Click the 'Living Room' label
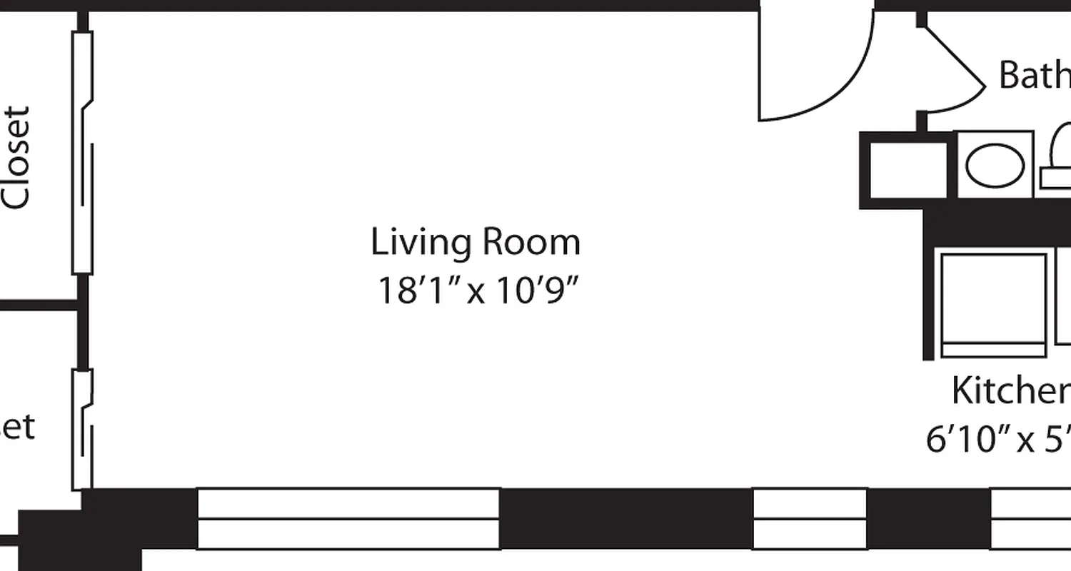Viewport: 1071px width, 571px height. point(476,243)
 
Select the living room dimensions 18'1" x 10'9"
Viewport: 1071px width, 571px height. point(476,290)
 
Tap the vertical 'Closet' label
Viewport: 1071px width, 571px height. point(16,158)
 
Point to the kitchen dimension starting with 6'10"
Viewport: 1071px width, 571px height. point(998,439)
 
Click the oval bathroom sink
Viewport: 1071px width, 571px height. point(995,165)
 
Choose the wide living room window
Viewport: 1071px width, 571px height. point(348,519)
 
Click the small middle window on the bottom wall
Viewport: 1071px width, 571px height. point(810,519)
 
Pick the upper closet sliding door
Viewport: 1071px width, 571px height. point(83,153)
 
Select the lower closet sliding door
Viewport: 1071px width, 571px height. point(82,428)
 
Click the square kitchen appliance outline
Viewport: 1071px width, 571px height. point(993,305)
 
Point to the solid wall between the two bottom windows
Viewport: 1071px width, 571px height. point(625,519)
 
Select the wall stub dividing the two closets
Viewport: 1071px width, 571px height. point(39,306)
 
